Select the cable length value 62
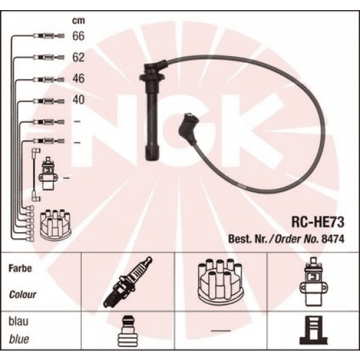coord(78,58)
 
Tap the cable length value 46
coord(78,79)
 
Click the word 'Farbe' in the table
coord(20,268)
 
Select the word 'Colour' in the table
coord(23,295)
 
